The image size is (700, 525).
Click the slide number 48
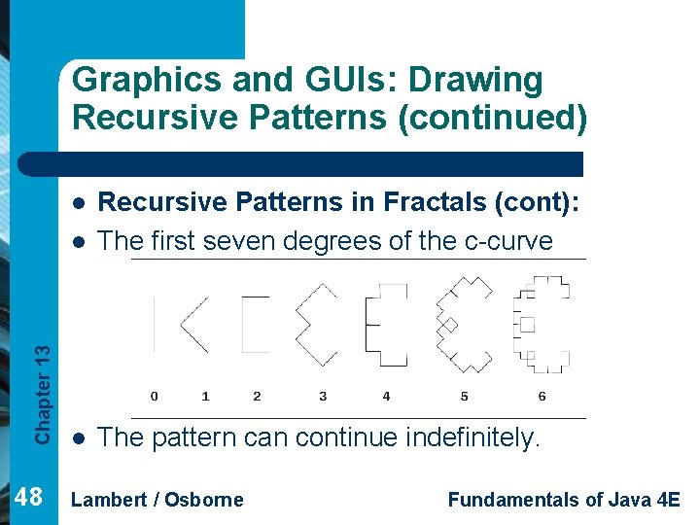coord(30,498)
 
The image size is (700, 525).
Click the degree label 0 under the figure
coord(155,396)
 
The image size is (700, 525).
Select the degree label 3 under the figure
coord(323,396)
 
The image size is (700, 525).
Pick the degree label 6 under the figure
coord(542,396)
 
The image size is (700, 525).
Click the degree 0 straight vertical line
coord(155,324)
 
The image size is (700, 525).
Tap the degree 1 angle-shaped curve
coord(194,325)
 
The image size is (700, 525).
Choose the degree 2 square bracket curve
coord(255,324)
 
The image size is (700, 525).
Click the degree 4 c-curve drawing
coord(385,324)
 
